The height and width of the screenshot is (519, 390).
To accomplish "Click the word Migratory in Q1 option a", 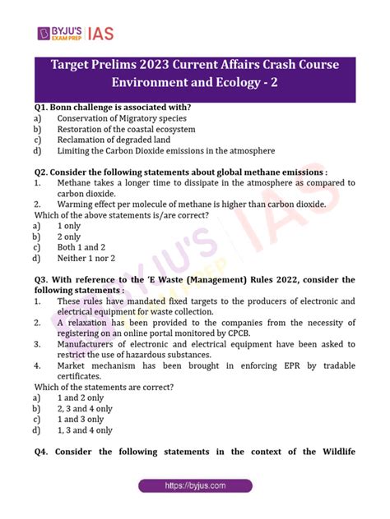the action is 142,118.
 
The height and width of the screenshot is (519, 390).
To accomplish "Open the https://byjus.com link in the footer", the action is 195,486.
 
